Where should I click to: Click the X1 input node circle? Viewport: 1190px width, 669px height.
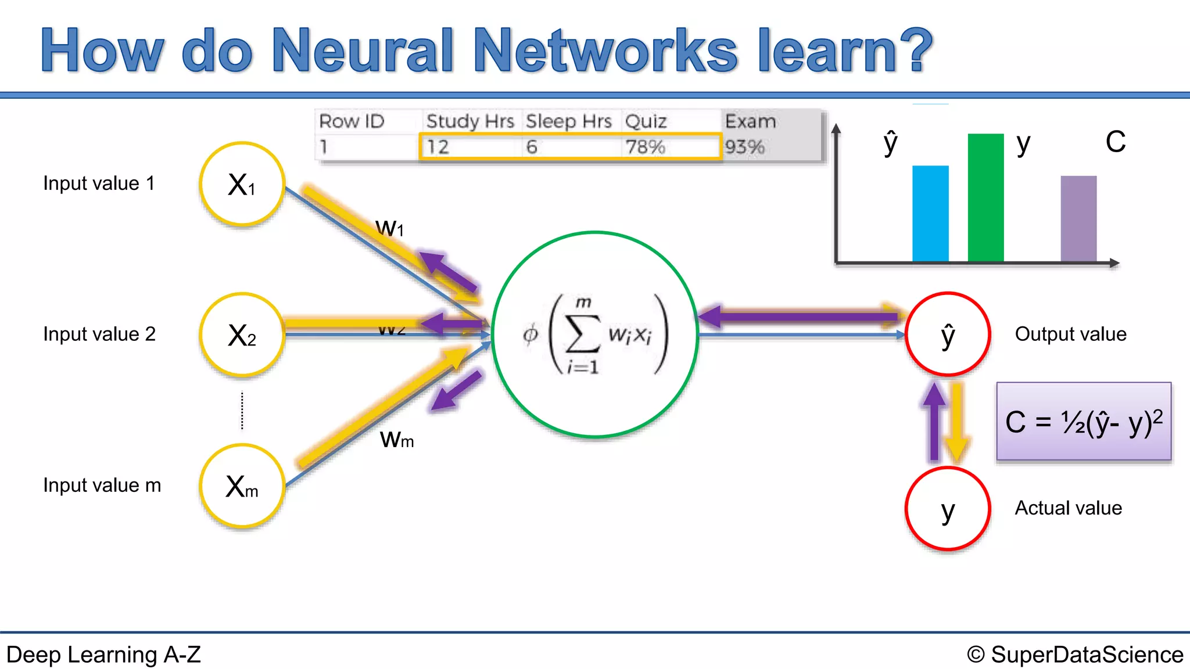242,184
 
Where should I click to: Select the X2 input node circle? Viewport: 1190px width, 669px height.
242,335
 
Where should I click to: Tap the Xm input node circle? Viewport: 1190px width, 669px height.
242,486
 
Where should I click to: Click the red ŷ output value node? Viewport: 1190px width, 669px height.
948,334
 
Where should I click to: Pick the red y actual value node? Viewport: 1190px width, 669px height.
948,509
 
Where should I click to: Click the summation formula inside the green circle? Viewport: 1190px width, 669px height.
595,334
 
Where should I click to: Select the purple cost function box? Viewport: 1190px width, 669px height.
1084,422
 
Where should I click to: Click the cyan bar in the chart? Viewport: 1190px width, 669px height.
930,214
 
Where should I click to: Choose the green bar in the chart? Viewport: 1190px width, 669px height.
985,197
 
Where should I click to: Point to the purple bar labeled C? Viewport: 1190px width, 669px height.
1078,218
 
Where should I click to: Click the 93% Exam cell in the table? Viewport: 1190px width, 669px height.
744,147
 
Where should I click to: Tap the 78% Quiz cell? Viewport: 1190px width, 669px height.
645,147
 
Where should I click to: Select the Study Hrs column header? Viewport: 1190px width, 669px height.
470,121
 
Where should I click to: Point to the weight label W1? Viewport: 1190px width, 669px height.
389,228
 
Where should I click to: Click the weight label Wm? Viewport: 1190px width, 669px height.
397,440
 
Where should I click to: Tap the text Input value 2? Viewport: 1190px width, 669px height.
99,334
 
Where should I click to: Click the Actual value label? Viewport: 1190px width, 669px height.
1068,508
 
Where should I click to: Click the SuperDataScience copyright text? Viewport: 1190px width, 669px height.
1075,654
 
